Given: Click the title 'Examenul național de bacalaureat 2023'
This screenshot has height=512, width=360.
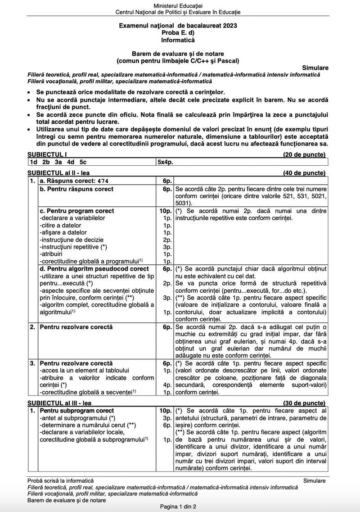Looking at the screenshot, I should click(x=178, y=26).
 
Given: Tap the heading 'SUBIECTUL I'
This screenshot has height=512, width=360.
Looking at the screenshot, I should click(x=45, y=155).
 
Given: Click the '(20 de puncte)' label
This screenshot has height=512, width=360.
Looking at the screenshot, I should click(x=304, y=155).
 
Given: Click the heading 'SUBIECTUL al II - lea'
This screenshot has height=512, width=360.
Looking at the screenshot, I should click(x=58, y=172).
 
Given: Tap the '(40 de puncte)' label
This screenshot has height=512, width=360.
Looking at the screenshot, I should click(x=304, y=172).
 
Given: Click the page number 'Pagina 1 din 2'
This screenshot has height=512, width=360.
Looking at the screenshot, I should click(x=178, y=507).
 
